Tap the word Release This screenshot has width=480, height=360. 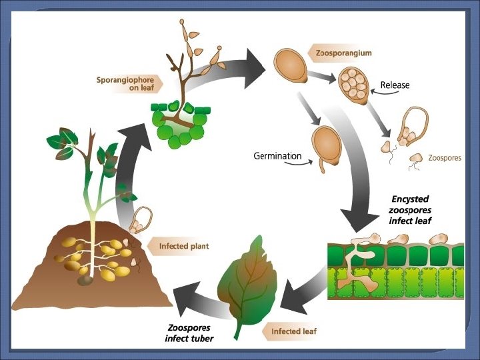pyautogui.click(x=395, y=85)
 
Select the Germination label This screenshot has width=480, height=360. pyautogui.click(x=277, y=156)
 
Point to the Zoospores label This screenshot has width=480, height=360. pyautogui.click(x=445, y=159)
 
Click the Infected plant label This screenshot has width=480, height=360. pyautogui.click(x=183, y=246)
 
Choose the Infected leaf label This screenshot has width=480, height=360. pyautogui.click(x=293, y=331)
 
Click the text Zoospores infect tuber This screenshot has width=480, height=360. pyautogui.click(x=189, y=333)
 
